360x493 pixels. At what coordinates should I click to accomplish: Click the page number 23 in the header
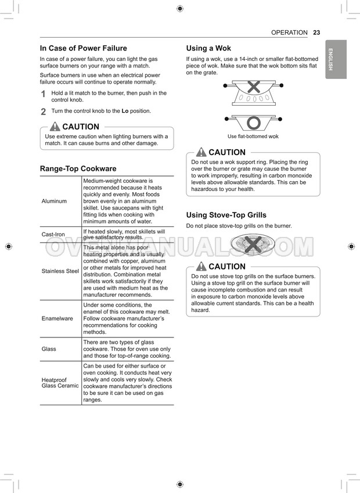pyautogui.click(x=316, y=33)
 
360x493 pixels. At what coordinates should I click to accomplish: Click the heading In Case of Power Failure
pyautogui.click(x=83, y=48)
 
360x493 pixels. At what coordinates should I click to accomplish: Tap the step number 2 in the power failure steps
pyautogui.click(x=44, y=111)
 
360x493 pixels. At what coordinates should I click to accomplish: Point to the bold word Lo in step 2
pyautogui.click(x=125, y=111)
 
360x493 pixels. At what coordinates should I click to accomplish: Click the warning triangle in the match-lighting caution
pyautogui.click(x=55, y=127)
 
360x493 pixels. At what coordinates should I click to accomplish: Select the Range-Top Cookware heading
pyautogui.click(x=78, y=168)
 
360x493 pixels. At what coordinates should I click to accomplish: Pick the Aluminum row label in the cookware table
pyautogui.click(x=54, y=201)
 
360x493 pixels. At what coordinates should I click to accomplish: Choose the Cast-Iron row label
pyautogui.click(x=53, y=235)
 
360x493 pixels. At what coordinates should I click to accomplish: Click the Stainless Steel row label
pyautogui.click(x=60, y=271)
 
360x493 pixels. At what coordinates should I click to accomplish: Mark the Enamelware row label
pyautogui.click(x=57, y=319)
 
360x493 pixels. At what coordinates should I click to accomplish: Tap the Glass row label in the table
pyautogui.click(x=49, y=349)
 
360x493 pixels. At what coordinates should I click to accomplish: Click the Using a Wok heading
pyautogui.click(x=208, y=48)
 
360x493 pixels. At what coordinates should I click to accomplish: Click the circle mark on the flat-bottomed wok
pyautogui.click(x=253, y=123)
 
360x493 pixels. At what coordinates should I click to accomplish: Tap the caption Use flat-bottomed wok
pyautogui.click(x=253, y=136)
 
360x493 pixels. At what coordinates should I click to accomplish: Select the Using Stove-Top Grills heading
pyautogui.click(x=226, y=215)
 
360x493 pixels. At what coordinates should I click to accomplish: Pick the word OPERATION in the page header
pyautogui.click(x=289, y=33)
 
